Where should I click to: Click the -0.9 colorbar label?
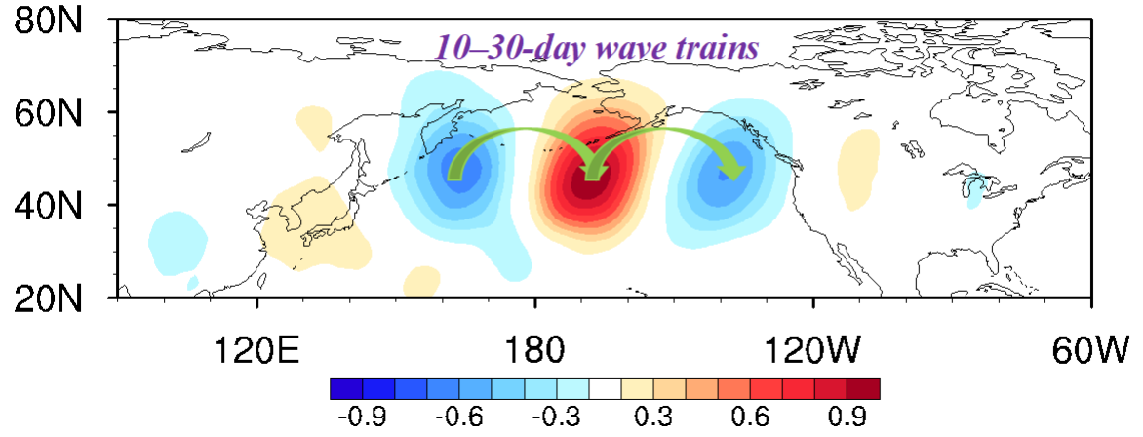coord(363,417)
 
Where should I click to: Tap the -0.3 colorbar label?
coord(557,417)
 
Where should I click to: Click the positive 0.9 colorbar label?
coord(847,417)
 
